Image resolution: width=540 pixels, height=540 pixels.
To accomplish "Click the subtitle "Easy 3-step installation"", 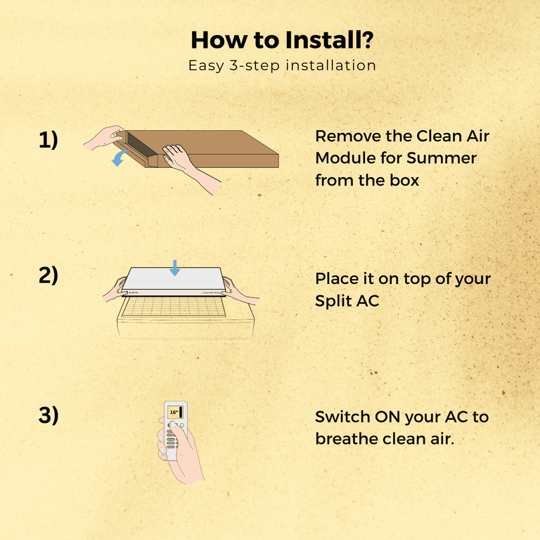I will (282, 65).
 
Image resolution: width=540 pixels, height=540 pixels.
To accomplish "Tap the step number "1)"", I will (48, 141).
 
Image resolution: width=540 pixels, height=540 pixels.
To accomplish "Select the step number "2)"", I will (48, 275).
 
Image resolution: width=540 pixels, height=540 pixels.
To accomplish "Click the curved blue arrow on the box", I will (120, 159).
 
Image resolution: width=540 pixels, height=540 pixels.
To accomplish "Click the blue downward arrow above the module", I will (175, 267).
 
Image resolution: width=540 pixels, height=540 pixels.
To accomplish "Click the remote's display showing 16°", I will (176, 413).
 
